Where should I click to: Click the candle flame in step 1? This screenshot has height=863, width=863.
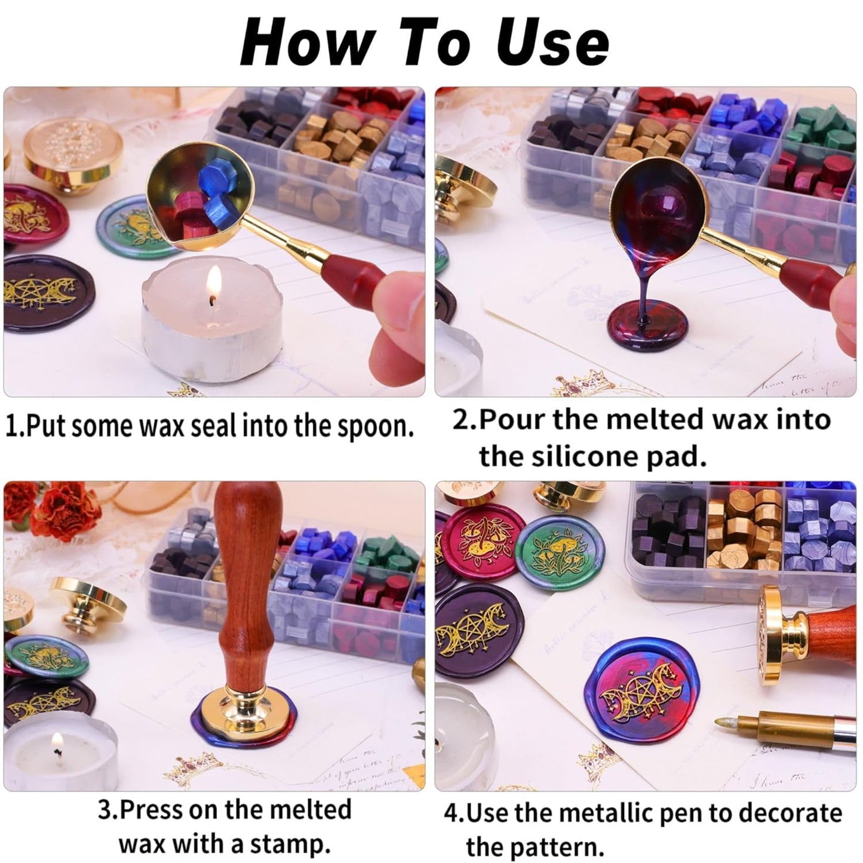tap(214, 283)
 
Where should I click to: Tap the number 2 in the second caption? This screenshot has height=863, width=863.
tap(461, 420)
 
